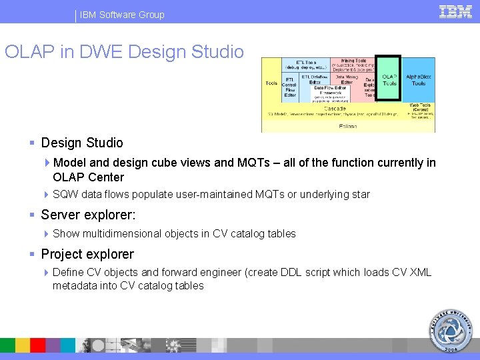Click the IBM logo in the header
455,12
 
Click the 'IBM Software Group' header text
122,15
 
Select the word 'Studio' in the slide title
217,52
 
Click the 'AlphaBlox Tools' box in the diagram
419,80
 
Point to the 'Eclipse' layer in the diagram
347,126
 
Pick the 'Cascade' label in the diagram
335,108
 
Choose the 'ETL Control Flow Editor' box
290,87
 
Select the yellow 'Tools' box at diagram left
271,83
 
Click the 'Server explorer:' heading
88,215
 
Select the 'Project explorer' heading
87,254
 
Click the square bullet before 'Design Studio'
32,143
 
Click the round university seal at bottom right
449,331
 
